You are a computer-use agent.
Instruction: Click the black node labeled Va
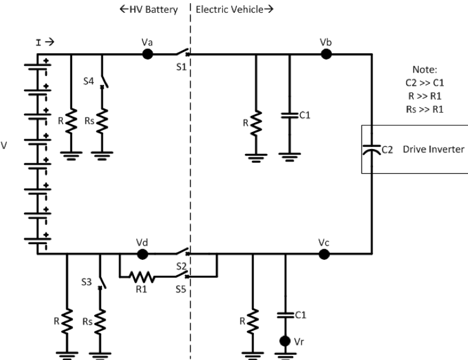pos(148,54)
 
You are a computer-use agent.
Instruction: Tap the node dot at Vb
pos(327,54)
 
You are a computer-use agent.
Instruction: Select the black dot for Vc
pos(325,254)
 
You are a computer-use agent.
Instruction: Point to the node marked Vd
pos(143,254)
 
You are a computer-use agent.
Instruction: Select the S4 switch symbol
pos(104,79)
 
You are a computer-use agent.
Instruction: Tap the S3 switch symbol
pos(102,280)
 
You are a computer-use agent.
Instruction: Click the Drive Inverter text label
pos(433,150)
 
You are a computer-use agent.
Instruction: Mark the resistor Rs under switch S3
pos(100,321)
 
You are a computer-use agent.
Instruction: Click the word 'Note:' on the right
pos(425,69)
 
